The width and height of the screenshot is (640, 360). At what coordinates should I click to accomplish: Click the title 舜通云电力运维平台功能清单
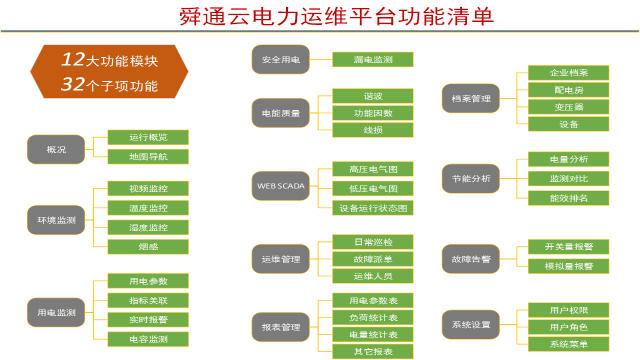tap(319, 17)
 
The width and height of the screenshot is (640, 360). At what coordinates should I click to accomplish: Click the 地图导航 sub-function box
tap(148, 156)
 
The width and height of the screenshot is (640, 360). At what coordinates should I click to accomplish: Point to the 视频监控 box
tap(148, 189)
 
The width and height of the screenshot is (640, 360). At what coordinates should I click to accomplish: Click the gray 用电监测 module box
tap(56, 311)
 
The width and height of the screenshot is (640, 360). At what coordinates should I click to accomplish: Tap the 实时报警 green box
tap(148, 320)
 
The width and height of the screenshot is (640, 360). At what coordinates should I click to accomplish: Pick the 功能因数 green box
tap(373, 112)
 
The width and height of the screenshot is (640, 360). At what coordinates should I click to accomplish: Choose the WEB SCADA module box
tap(281, 186)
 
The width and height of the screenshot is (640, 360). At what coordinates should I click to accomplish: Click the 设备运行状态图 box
tap(373, 208)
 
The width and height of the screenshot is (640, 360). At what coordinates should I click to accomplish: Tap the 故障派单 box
tap(373, 259)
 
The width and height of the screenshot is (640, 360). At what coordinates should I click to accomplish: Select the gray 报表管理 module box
tap(281, 325)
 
